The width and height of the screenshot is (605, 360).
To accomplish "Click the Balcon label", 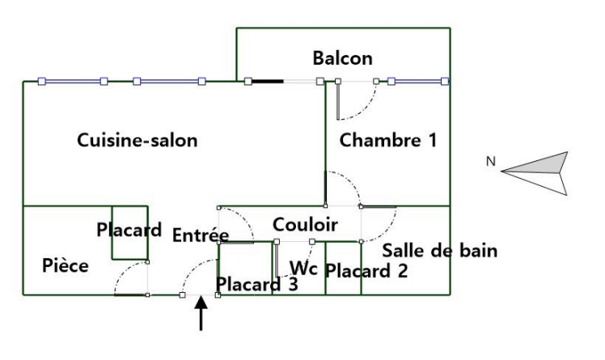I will click(x=343, y=58).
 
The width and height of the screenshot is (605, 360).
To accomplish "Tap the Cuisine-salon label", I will click(x=137, y=140).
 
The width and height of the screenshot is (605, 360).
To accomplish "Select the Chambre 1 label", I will click(x=388, y=140).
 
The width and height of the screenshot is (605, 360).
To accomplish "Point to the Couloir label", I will click(x=305, y=225).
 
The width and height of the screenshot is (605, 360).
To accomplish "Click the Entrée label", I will click(x=201, y=235).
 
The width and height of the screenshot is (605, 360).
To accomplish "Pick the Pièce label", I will click(x=66, y=265).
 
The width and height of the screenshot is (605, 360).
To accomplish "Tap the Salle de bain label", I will click(x=440, y=251).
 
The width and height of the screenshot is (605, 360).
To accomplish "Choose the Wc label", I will click(x=303, y=269).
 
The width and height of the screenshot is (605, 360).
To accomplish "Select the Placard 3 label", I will click(x=257, y=284).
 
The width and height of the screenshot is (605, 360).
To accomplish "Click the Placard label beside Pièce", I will click(x=129, y=230).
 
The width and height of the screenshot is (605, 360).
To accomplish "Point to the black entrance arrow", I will click(x=201, y=314).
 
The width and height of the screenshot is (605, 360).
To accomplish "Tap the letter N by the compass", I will click(x=490, y=162).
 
